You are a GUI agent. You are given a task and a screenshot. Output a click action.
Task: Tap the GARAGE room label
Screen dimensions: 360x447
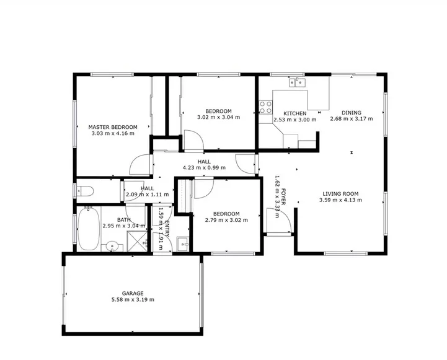(133, 293)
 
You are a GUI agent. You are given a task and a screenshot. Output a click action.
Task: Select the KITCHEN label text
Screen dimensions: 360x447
(294, 113)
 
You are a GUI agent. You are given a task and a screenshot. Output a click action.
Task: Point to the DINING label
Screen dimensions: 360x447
(351, 113)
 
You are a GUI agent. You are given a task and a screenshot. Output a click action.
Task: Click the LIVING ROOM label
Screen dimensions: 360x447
(340, 193)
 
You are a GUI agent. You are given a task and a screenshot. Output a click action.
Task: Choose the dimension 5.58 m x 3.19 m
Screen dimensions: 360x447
(133, 300)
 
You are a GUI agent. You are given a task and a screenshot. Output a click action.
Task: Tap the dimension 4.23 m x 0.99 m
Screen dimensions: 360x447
(204, 167)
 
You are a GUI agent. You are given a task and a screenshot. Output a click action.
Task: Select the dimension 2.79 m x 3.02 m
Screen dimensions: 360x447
(226, 220)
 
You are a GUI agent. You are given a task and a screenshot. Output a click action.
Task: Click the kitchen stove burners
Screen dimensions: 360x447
(266, 107)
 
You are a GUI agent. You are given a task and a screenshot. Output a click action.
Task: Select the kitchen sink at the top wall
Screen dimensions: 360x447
(297, 81)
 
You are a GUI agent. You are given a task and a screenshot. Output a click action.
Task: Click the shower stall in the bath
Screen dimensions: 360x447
(136, 242)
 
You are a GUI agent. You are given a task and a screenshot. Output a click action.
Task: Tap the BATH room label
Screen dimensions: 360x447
(123, 219)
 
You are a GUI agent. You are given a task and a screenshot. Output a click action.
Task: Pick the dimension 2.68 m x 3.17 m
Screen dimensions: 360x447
(351, 120)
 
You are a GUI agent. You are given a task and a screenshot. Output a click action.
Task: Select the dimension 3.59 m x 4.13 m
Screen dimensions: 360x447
(340, 200)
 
